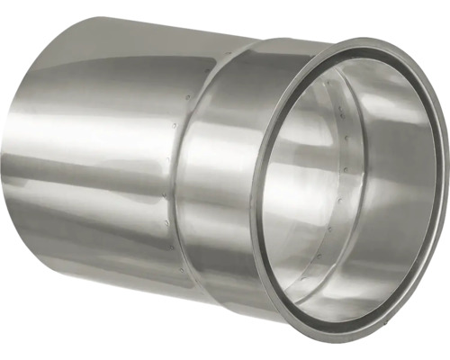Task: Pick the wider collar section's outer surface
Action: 225,180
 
